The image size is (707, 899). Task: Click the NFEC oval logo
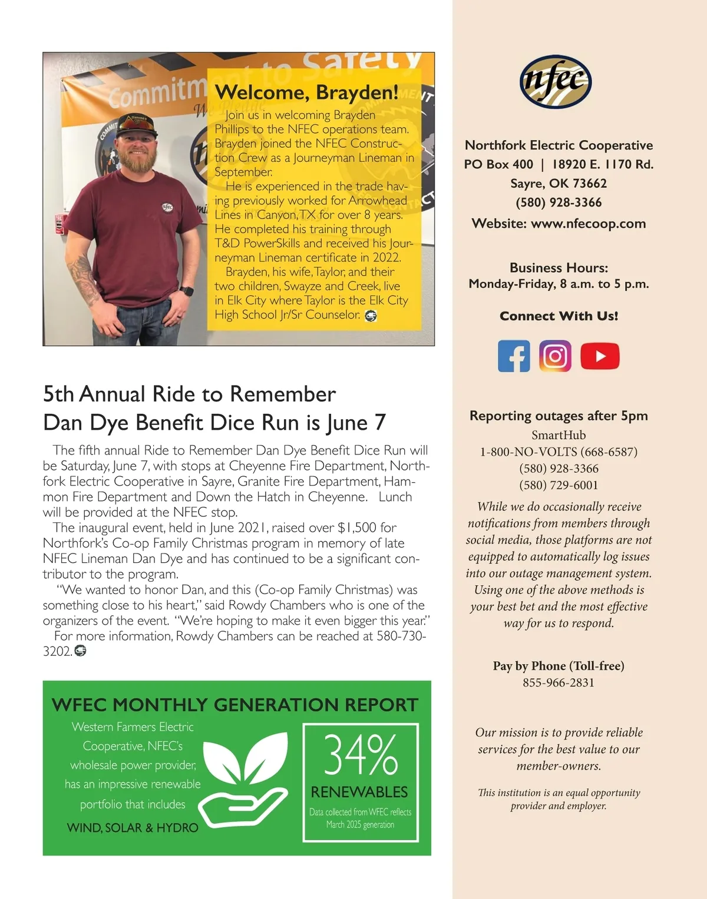pos(556,82)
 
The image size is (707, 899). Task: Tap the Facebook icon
pos(514,356)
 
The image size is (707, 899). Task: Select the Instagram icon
pos(555,356)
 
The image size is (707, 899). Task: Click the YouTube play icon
pos(600,356)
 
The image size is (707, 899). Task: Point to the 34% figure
pos(361,755)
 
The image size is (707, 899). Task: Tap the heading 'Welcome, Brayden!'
pos(306,92)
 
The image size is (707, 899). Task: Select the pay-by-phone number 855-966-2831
pos(559,683)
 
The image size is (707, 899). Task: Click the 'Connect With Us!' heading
pos(559,316)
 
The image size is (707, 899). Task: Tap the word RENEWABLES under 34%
pos(359,792)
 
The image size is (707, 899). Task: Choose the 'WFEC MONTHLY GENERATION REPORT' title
pos(234,705)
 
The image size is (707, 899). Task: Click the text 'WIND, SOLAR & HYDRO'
pos(133,828)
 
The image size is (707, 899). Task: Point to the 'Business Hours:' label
pos(559,268)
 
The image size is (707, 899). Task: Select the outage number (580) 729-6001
pos(559,485)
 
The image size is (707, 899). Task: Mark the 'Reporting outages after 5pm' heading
pos(559,416)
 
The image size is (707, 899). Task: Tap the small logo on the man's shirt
pos(167,207)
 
